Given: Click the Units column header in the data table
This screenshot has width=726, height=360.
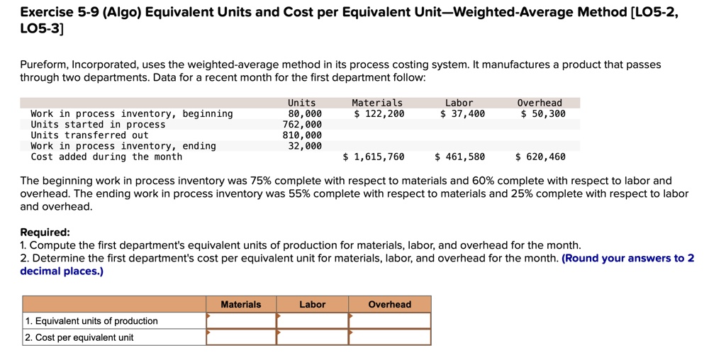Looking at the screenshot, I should [301, 103].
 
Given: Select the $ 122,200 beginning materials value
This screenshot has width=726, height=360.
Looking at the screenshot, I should [379, 113].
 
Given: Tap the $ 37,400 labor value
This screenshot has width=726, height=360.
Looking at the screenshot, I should [462, 113].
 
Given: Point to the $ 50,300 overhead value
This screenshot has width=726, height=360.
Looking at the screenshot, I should [542, 113].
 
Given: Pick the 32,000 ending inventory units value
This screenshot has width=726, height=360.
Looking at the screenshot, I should [305, 146].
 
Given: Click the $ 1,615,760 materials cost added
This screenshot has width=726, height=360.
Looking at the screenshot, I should [373, 157].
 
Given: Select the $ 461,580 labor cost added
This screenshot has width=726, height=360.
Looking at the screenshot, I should [459, 157].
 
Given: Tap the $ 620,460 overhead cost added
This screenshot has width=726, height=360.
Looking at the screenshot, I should [540, 157].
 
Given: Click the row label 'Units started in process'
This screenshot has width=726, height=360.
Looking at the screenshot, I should [98, 124].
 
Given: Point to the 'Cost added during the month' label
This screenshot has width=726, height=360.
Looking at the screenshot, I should [106, 157].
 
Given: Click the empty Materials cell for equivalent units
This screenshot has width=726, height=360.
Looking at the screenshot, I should [241, 321].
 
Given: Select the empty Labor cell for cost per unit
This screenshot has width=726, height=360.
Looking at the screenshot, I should [312, 337].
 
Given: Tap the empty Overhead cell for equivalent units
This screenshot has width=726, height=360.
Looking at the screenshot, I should [389, 321].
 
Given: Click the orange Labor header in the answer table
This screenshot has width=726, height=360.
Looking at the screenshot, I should [312, 305].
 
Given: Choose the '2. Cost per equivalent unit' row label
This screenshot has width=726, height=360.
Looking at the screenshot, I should [79, 337].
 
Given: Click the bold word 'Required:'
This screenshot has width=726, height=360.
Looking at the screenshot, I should [45, 232].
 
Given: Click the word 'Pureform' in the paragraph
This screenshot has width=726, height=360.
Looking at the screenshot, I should [43, 64].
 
